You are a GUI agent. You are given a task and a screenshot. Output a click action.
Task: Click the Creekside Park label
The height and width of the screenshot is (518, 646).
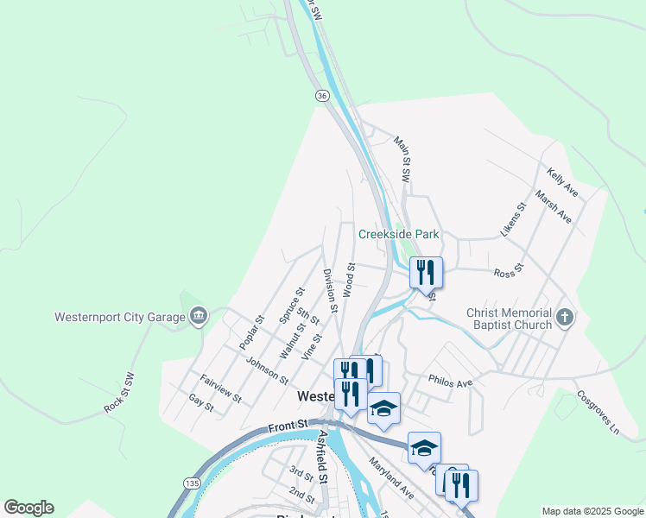399,234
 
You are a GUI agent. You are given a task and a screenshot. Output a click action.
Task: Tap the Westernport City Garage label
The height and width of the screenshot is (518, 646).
119,317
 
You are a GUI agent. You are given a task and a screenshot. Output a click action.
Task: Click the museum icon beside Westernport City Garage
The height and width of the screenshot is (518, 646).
199,317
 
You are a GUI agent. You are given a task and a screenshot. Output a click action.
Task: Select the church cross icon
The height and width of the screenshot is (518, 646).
565,318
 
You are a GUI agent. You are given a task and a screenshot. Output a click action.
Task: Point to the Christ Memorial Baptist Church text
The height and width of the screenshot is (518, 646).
509,319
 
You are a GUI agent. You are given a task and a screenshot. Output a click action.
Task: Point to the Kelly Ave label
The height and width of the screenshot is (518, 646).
561,180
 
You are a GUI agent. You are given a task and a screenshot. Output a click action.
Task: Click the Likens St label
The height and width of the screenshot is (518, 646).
512,220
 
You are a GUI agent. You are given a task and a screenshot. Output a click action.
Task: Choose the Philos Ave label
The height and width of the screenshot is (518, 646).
450,382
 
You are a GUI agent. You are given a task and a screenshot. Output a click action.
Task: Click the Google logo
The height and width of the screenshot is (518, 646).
28,508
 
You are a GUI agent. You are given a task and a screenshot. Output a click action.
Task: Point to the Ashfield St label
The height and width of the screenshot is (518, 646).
323,458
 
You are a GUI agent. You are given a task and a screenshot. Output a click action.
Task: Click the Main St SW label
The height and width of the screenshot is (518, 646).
402,158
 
